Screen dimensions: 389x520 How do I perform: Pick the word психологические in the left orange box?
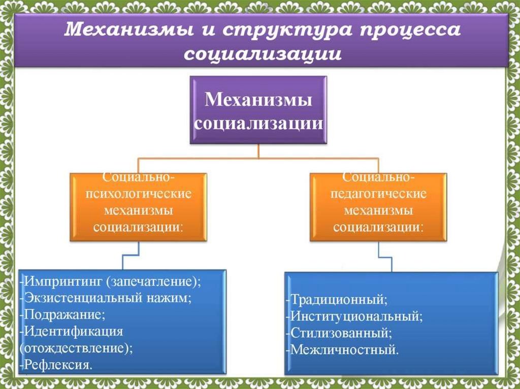(x=138, y=194)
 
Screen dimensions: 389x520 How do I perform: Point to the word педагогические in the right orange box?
(x=378, y=194)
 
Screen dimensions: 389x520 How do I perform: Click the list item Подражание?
(x=63, y=314)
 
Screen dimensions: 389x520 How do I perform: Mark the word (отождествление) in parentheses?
(x=76, y=348)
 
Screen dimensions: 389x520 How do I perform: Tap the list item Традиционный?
(x=338, y=300)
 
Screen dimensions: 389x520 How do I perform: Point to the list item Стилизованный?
(x=340, y=333)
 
